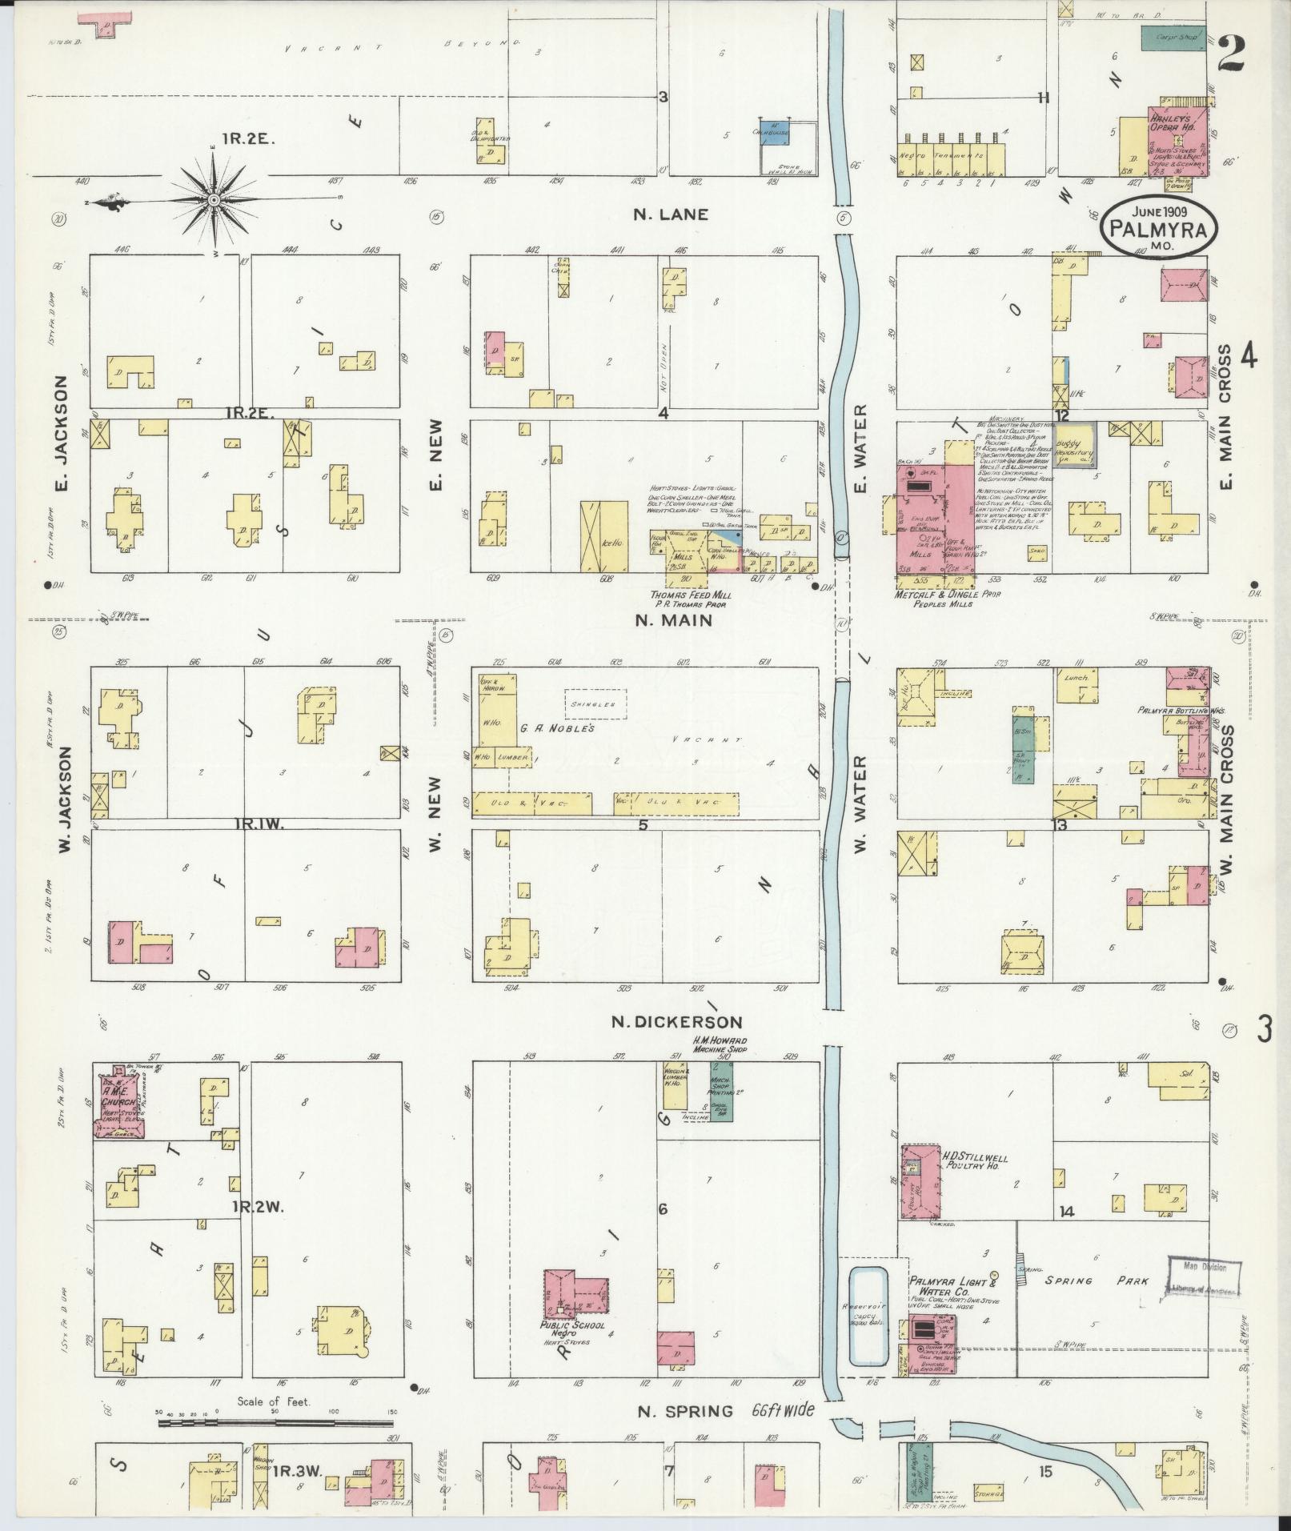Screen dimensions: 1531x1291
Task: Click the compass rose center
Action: pyautogui.click(x=214, y=198)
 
